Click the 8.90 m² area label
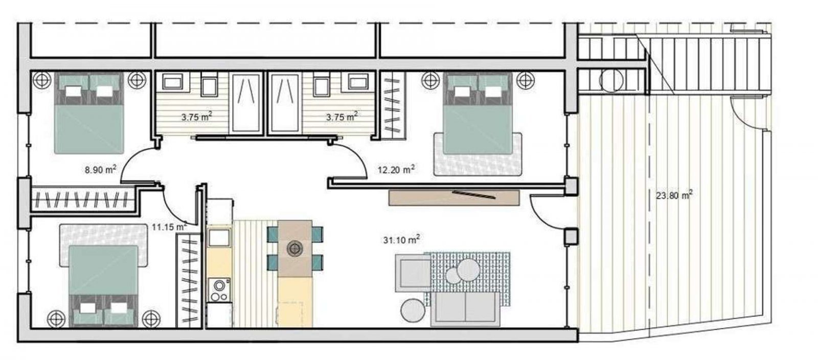click(101, 169)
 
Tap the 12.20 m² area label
click(396, 169)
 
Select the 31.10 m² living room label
click(401, 239)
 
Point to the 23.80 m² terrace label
click(674, 195)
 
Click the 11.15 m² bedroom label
click(169, 227)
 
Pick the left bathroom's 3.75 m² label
click(197, 117)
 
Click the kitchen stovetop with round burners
click(219, 290)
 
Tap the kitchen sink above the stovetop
click(219, 237)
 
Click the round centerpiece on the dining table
click(294, 249)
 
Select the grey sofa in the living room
click(466, 309)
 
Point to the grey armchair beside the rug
click(414, 274)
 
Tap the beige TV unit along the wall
click(453, 198)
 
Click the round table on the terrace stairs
click(611, 80)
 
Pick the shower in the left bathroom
click(247, 103)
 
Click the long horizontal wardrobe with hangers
click(84, 200)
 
